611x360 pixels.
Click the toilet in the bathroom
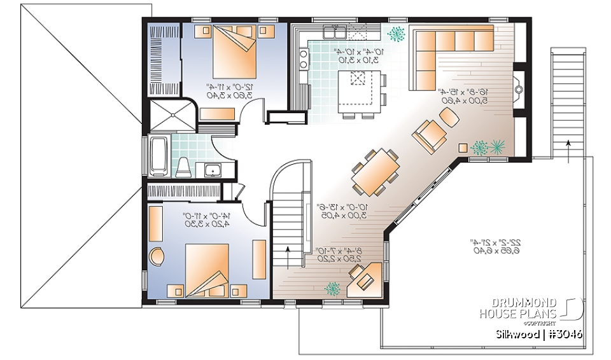pyautogui.click(x=184, y=167)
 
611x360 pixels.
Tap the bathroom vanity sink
pyautogui.click(x=212, y=169)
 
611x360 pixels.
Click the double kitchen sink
pyautogui.click(x=335, y=32)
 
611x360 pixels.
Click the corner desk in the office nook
pyautogui.click(x=366, y=280)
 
